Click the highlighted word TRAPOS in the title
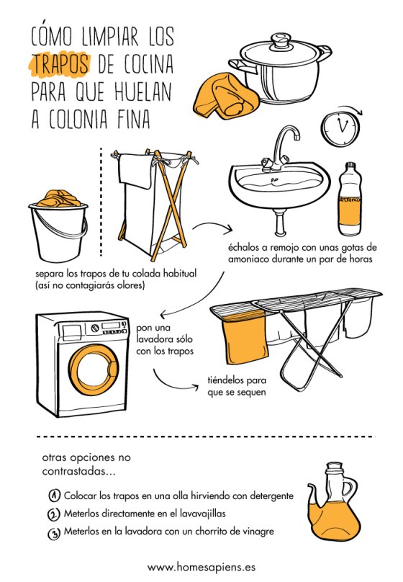click(x=60, y=63)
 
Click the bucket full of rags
click(x=58, y=225)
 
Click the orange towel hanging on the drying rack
click(x=245, y=337)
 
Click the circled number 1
click(x=54, y=495)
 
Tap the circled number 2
click(x=54, y=514)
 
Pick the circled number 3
click(x=54, y=533)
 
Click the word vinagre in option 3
click(x=258, y=532)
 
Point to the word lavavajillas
click(x=202, y=514)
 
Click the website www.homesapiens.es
click(x=201, y=567)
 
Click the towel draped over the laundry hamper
click(x=136, y=171)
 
